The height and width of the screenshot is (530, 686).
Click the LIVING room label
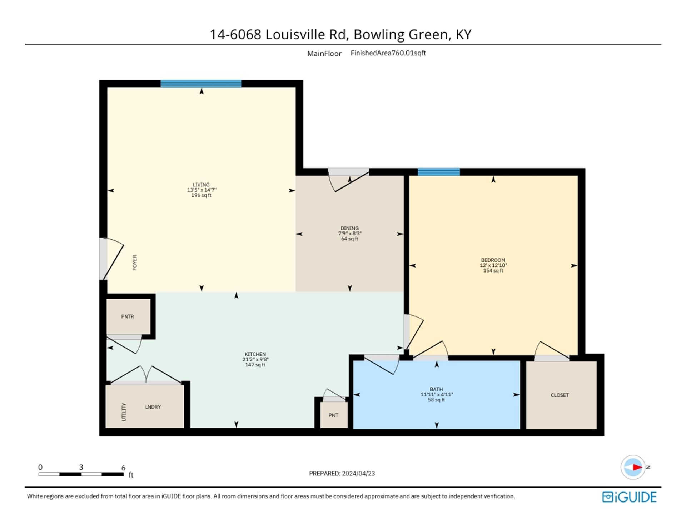click(x=201, y=185)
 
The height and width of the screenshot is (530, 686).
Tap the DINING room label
click(x=349, y=228)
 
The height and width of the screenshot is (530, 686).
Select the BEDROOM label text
click(x=493, y=260)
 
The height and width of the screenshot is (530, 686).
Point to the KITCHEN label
click(x=255, y=354)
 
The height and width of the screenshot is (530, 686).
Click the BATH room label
click(x=436, y=389)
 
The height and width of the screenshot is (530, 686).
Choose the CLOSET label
click(x=560, y=395)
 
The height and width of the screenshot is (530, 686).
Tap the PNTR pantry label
click(x=128, y=316)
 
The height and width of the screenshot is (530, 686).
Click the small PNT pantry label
click(x=333, y=415)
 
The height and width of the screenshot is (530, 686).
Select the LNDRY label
click(x=153, y=407)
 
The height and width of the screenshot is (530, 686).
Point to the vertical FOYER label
click(x=135, y=262)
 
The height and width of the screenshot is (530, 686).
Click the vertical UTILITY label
click(x=124, y=412)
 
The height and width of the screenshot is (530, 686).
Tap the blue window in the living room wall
click(x=201, y=84)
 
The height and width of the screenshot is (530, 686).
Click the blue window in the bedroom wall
click(x=439, y=172)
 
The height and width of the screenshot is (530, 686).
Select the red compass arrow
click(x=637, y=467)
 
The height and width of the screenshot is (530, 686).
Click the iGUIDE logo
click(x=629, y=497)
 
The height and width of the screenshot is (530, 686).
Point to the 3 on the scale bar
click(x=81, y=467)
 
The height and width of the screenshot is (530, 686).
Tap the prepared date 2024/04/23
click(x=358, y=473)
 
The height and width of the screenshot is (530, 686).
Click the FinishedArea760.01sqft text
click(x=388, y=53)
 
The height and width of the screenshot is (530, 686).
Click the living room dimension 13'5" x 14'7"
click(x=202, y=190)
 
